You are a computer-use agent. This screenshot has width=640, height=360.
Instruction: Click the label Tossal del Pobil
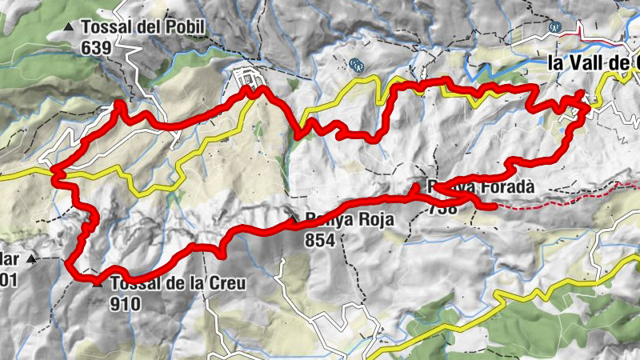(143, 28)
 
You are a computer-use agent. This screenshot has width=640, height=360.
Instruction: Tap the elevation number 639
(94, 47)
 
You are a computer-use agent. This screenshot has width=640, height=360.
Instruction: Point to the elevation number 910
(126, 303)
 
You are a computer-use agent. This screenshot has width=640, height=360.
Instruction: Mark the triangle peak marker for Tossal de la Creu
(98, 282)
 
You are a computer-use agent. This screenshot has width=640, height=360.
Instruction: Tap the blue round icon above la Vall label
(554, 27)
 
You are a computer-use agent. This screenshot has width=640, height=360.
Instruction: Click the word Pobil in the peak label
(186, 28)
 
